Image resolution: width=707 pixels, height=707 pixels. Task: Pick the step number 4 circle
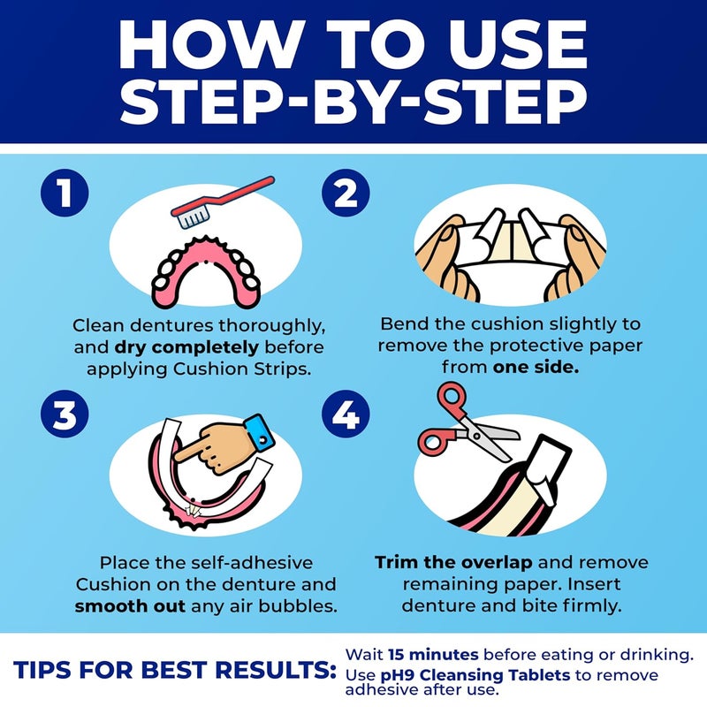(345, 415)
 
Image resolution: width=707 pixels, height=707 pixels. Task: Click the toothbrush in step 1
(226, 201)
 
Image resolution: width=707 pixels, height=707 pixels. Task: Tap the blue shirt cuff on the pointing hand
(260, 430)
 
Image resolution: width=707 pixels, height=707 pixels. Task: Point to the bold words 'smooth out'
(129, 607)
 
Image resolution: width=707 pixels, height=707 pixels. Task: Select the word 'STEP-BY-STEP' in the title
(353, 103)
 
